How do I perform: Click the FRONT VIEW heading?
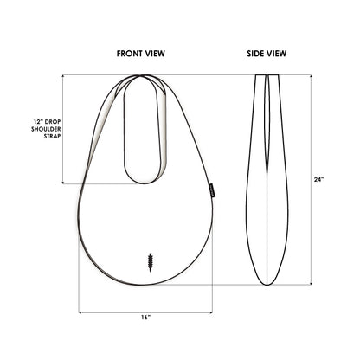click(141, 54)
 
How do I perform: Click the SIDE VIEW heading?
click(267, 54)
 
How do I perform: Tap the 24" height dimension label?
click(318, 180)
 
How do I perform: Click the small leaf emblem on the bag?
click(151, 260)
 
